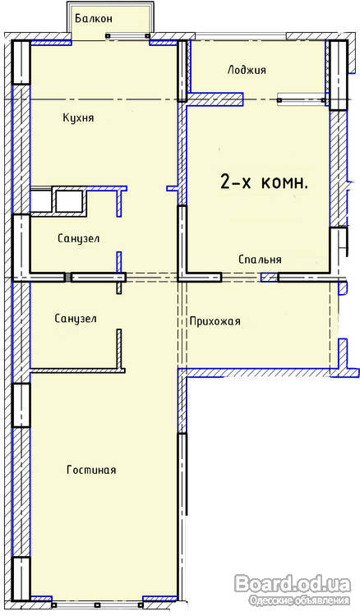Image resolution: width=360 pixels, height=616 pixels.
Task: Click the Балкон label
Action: coord(94,18)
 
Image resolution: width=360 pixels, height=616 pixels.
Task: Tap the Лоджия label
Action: coord(247,70)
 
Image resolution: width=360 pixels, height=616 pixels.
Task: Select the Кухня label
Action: coord(78,117)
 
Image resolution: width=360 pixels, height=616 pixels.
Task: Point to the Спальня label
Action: coord(260,260)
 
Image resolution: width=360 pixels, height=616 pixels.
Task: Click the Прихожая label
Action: coord(215,321)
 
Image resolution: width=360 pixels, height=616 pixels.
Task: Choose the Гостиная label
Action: coord(91,470)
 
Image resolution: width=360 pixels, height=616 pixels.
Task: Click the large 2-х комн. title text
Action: coord(264,182)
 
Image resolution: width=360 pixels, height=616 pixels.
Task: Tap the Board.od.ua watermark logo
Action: coord(293,584)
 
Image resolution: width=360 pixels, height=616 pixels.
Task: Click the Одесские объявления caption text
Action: coord(299,600)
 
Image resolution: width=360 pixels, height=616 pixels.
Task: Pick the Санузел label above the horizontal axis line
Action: coord(78,238)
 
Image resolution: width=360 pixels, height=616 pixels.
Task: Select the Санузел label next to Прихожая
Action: coord(76,319)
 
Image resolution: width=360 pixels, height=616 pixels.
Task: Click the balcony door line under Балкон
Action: coord(127,36)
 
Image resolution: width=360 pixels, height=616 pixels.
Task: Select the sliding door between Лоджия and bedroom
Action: coord(302,99)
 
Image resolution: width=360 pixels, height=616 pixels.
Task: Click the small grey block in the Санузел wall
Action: coord(68,278)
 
